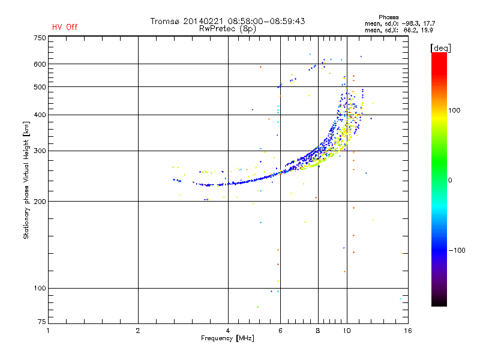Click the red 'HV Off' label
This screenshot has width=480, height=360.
65,27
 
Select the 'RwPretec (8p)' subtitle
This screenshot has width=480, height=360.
229,28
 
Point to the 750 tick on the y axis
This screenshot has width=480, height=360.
40,37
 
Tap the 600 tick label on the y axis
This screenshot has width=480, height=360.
40,64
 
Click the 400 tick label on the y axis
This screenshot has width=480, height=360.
40,115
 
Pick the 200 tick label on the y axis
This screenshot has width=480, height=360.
40,202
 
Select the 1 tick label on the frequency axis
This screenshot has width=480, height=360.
48,331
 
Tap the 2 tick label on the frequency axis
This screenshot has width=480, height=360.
138,331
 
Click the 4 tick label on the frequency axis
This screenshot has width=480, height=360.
228,331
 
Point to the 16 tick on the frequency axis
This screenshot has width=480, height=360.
407,331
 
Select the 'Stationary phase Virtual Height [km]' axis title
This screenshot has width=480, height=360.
26,181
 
